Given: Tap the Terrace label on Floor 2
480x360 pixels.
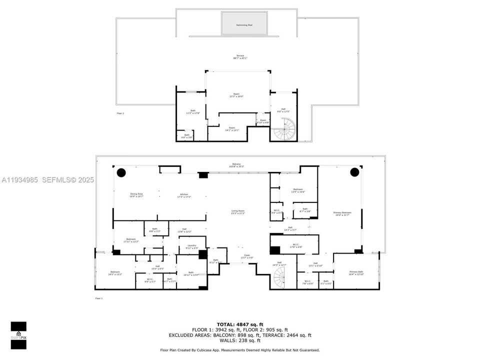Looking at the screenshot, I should click(x=240, y=56).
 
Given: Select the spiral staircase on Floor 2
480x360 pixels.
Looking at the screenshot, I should click(x=284, y=130).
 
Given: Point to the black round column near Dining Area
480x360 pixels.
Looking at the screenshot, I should click(x=121, y=172).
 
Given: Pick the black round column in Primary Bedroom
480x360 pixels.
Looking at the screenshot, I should click(x=354, y=172).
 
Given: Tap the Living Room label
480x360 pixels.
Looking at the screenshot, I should click(x=238, y=212).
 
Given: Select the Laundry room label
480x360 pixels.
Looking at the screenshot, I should click(x=192, y=246).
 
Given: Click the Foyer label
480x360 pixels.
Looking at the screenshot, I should click(x=246, y=256).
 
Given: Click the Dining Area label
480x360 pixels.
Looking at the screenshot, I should click(x=136, y=195).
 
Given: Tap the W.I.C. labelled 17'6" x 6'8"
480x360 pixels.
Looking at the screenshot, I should click(x=296, y=245).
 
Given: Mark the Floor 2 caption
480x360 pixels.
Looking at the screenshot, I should click(x=120, y=113).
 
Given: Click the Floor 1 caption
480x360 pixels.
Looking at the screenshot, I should click(x=98, y=298).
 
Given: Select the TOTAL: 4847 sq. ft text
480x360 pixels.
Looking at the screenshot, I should click(x=239, y=324).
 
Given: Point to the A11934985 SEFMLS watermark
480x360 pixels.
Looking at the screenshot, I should click(x=47, y=179).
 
